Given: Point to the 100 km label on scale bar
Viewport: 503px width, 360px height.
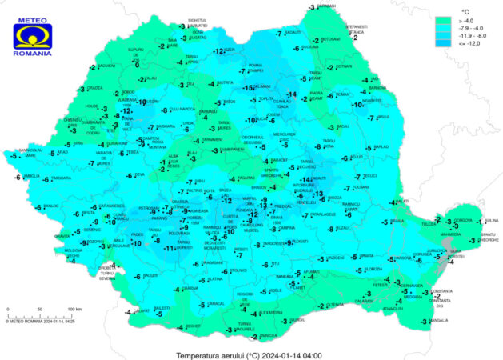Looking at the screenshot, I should pos(74,309).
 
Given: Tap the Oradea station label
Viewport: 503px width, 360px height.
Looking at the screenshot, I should pos(95,88).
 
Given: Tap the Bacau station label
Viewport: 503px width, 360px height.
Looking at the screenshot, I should pos(342,126).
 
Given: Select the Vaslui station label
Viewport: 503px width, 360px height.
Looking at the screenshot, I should pos(382,117).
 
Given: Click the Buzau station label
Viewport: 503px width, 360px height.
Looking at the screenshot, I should pos(341,228).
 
